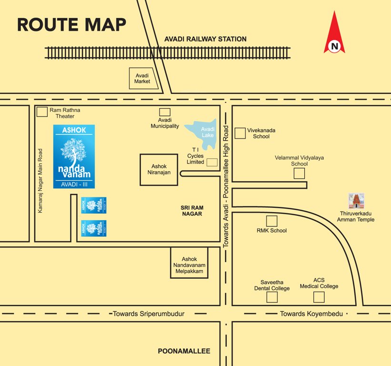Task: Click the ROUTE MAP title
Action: click(x=71, y=24)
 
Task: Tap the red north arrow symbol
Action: click(x=334, y=33)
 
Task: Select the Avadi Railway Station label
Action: click(x=205, y=39)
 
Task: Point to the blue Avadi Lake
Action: click(x=203, y=132)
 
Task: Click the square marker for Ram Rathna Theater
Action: click(x=42, y=112)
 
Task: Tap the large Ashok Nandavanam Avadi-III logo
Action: click(x=74, y=156)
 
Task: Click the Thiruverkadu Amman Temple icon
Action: click(x=356, y=201)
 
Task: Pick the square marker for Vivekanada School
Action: click(x=240, y=133)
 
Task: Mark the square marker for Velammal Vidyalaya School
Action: click(x=299, y=173)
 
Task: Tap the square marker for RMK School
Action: click(x=271, y=221)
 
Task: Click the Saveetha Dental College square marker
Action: click(x=271, y=297)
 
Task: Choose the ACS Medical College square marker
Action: click(x=319, y=297)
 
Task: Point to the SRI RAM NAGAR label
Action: click(x=191, y=211)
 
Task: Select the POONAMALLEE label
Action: click(x=184, y=351)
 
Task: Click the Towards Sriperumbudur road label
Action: click(x=148, y=314)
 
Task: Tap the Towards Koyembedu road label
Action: click(x=311, y=314)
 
